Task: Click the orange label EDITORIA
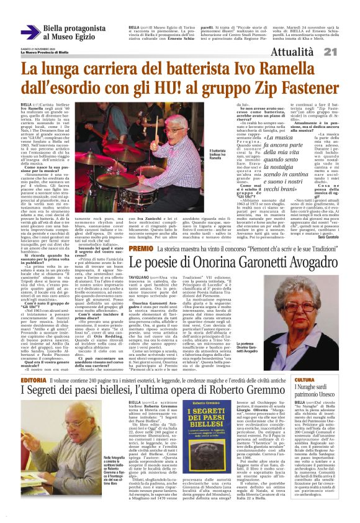click(33, 362)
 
